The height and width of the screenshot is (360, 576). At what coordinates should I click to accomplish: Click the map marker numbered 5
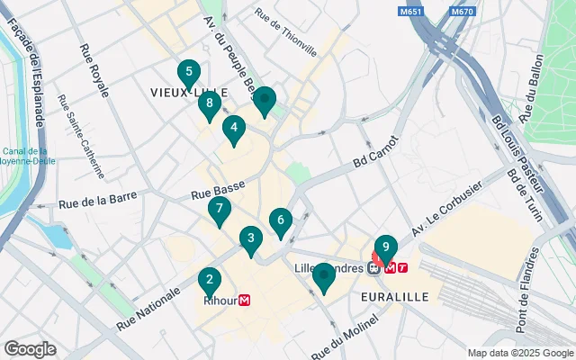click(x=188, y=73)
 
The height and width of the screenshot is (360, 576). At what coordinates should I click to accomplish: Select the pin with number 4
click(x=233, y=130)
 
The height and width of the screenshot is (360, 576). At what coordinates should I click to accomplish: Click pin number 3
click(x=251, y=240)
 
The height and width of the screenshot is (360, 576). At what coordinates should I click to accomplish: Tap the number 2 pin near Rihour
click(x=209, y=281)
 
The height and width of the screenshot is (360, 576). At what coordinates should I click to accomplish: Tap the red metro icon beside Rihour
click(x=244, y=301)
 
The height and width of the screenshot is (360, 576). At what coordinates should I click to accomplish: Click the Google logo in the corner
click(x=30, y=349)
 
